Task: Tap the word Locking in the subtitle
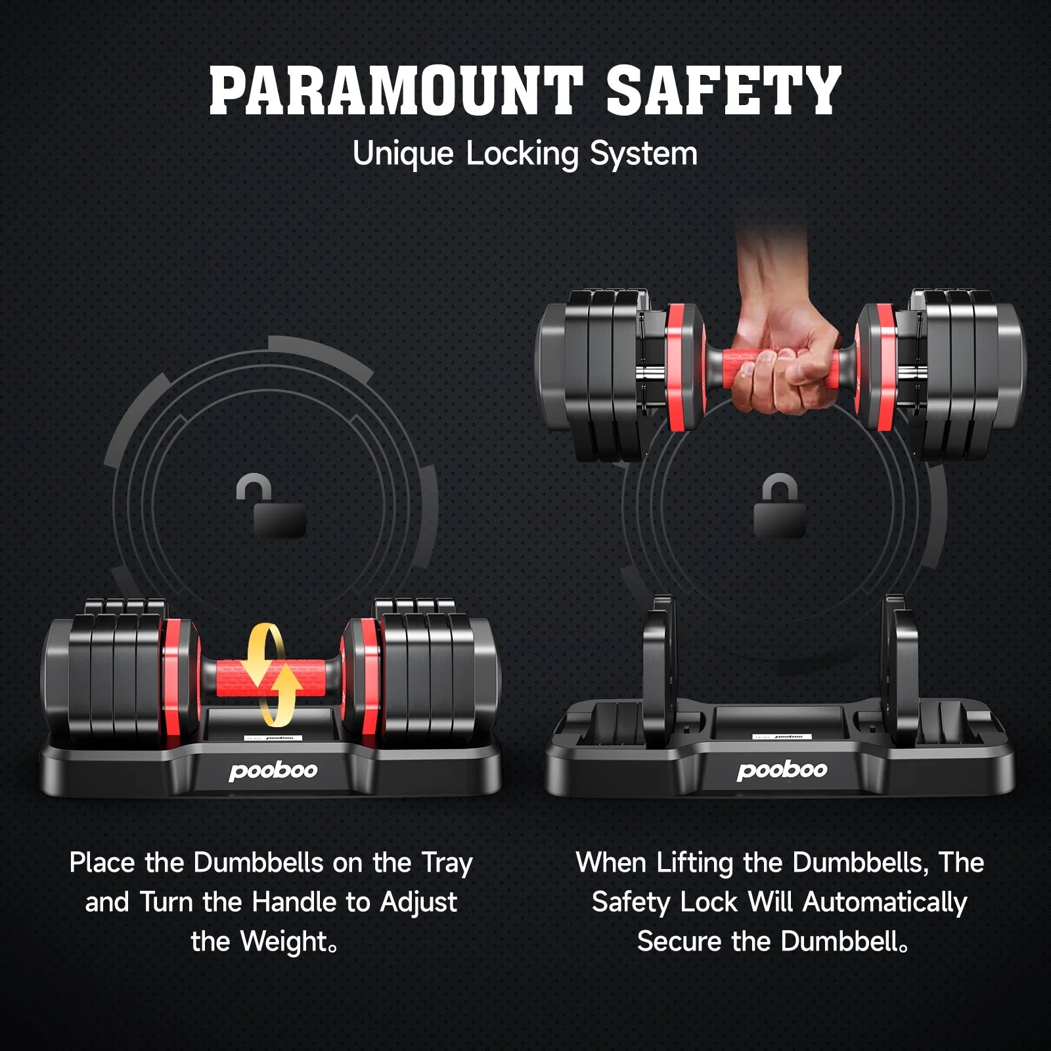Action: pyautogui.click(x=522, y=154)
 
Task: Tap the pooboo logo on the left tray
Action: pyautogui.click(x=273, y=770)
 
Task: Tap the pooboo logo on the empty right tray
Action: pyautogui.click(x=782, y=770)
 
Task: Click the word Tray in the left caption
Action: pyautogui.click(x=447, y=863)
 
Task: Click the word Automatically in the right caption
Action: pyautogui.click(x=885, y=903)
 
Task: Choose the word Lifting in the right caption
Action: pyautogui.click(x=695, y=863)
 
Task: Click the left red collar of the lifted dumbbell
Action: pyautogui.click(x=683, y=368)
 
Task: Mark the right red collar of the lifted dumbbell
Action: pyautogui.click(x=878, y=368)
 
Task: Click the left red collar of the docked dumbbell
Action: pyautogui.click(x=177, y=677)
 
